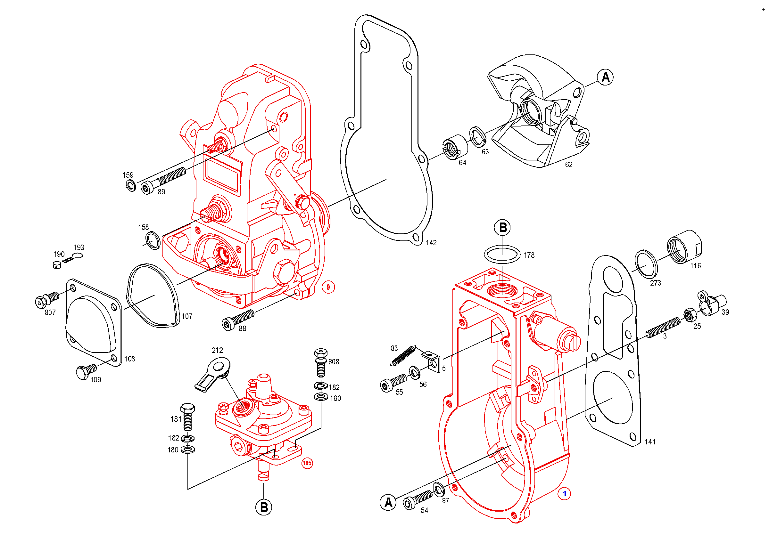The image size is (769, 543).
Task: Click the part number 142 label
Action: pyautogui.click(x=431, y=243)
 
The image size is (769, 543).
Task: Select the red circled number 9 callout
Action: pyautogui.click(x=328, y=287)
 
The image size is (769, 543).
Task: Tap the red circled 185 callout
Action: pyautogui.click(x=307, y=463)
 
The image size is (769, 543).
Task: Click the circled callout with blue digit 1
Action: pyautogui.click(x=564, y=494)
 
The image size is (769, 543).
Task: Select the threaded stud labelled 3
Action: pyautogui.click(x=663, y=328)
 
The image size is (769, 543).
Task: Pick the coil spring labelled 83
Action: pyautogui.click(x=402, y=356)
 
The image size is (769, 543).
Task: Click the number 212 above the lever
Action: pyautogui.click(x=217, y=350)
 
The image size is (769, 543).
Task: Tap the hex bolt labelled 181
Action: pyautogui.click(x=187, y=417)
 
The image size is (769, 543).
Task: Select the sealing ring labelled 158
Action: pyautogui.click(x=153, y=240)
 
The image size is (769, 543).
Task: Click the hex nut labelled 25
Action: pyautogui.click(x=689, y=315)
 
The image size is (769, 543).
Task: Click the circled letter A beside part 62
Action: pyautogui.click(x=605, y=77)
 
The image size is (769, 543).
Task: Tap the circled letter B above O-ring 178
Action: pyautogui.click(x=502, y=228)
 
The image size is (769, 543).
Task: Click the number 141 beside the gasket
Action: pyautogui.click(x=650, y=442)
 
